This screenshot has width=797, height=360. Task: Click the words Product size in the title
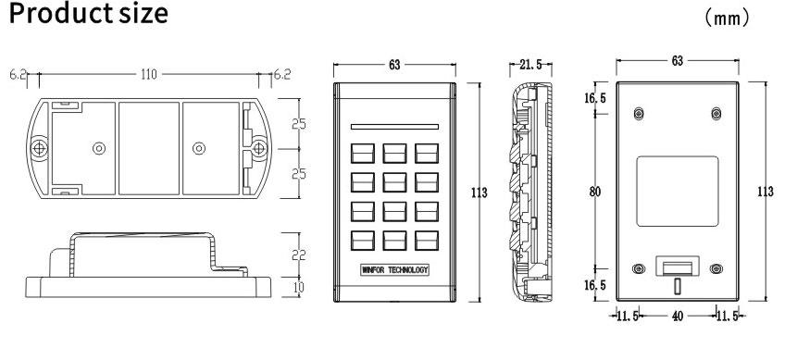coord(89,13)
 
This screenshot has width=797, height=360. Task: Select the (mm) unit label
coord(727,19)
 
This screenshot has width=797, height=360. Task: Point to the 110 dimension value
coord(149,75)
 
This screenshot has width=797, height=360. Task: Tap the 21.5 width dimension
coord(530,64)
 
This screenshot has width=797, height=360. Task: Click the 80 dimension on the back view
coord(595,192)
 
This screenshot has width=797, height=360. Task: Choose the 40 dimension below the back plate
coord(678,317)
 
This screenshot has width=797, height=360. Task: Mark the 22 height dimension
coord(299,254)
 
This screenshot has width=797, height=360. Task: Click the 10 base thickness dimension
coord(299,288)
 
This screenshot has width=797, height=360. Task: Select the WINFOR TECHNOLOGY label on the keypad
coord(394,270)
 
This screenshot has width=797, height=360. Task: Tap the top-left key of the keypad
coord(363,153)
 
